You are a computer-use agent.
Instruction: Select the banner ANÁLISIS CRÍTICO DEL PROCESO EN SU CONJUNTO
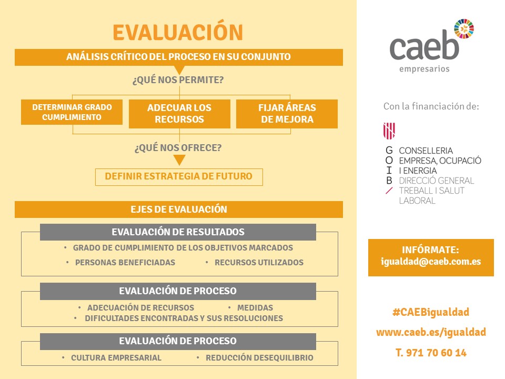click(179, 57)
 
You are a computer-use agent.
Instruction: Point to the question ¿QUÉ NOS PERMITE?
click(178, 79)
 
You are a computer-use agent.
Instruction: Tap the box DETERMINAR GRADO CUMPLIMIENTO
click(72, 112)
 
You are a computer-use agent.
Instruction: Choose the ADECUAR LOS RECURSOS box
click(179, 114)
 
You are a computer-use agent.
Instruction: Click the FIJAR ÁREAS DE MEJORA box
click(287, 114)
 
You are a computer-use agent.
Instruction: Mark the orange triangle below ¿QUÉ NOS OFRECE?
click(179, 159)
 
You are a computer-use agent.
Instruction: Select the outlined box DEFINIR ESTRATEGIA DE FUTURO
click(179, 177)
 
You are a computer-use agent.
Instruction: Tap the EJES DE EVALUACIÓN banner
click(179, 210)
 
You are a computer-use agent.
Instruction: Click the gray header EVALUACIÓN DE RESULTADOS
click(178, 232)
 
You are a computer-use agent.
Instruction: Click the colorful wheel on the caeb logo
click(464, 28)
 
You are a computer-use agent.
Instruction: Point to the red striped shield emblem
click(389, 131)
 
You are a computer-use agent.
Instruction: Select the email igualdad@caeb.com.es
click(431, 262)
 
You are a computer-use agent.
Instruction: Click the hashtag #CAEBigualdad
click(431, 312)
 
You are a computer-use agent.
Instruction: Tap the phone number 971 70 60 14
click(437, 353)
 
